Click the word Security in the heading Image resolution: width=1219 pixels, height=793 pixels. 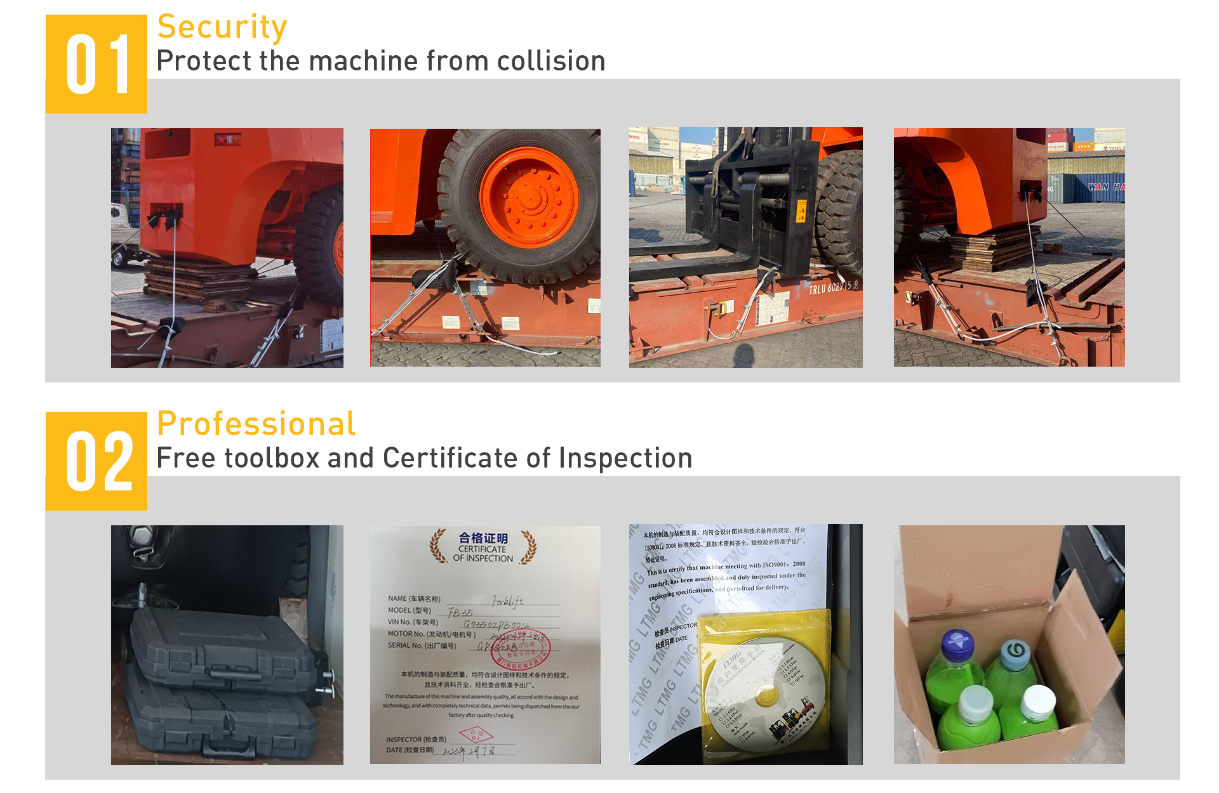[222, 27]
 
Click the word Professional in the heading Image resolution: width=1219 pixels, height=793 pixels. [256, 424]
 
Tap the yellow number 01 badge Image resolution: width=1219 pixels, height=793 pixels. [97, 64]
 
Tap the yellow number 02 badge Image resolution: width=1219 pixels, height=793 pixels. [97, 461]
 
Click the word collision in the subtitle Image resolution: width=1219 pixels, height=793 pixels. [550, 62]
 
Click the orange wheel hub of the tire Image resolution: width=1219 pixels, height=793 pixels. [528, 197]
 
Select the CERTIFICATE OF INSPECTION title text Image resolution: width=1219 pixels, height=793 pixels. [483, 548]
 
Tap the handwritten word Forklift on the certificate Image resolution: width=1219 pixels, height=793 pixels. [507, 600]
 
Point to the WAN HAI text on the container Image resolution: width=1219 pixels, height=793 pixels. [1105, 187]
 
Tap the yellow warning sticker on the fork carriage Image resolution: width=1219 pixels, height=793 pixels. [801, 211]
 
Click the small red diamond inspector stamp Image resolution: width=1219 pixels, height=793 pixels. [476, 736]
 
